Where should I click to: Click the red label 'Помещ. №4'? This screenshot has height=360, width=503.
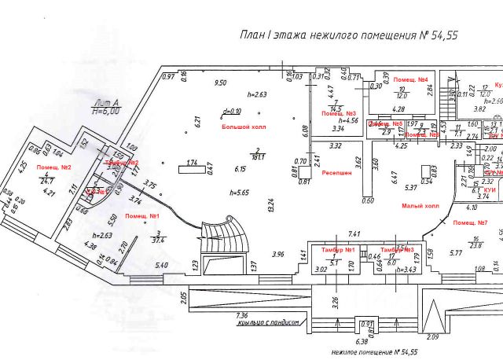click(410, 80)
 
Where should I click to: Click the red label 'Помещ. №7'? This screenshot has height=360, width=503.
click(471, 223)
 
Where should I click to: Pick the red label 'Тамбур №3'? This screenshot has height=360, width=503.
click(396, 250)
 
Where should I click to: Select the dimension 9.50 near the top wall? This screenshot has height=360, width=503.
click(221, 83)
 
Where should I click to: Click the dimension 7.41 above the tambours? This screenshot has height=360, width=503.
click(354, 233)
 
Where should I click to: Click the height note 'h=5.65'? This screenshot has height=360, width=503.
click(240, 192)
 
